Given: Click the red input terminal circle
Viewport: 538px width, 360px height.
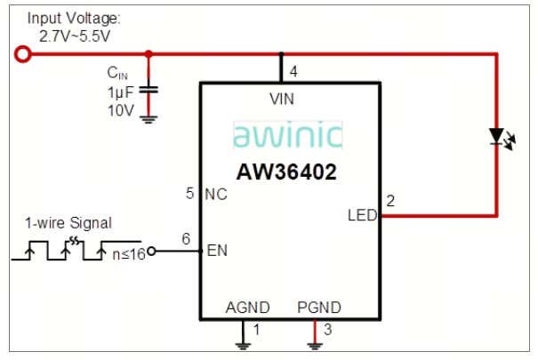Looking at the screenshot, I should (24, 55).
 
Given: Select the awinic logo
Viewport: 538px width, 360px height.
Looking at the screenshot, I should (287, 135).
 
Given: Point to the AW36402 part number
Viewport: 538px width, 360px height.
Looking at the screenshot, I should (286, 172).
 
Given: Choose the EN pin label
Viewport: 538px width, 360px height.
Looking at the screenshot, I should (216, 251).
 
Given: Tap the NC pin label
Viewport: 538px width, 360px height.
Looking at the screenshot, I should (216, 193).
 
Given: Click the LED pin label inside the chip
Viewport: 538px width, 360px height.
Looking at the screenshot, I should (361, 214).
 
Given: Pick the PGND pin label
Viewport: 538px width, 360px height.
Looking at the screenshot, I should (317, 308).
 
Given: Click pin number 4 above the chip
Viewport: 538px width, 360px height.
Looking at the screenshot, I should (293, 70).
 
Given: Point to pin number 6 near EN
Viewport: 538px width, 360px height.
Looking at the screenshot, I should (186, 238).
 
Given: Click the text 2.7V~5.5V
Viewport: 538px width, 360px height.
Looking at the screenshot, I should (75, 35).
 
